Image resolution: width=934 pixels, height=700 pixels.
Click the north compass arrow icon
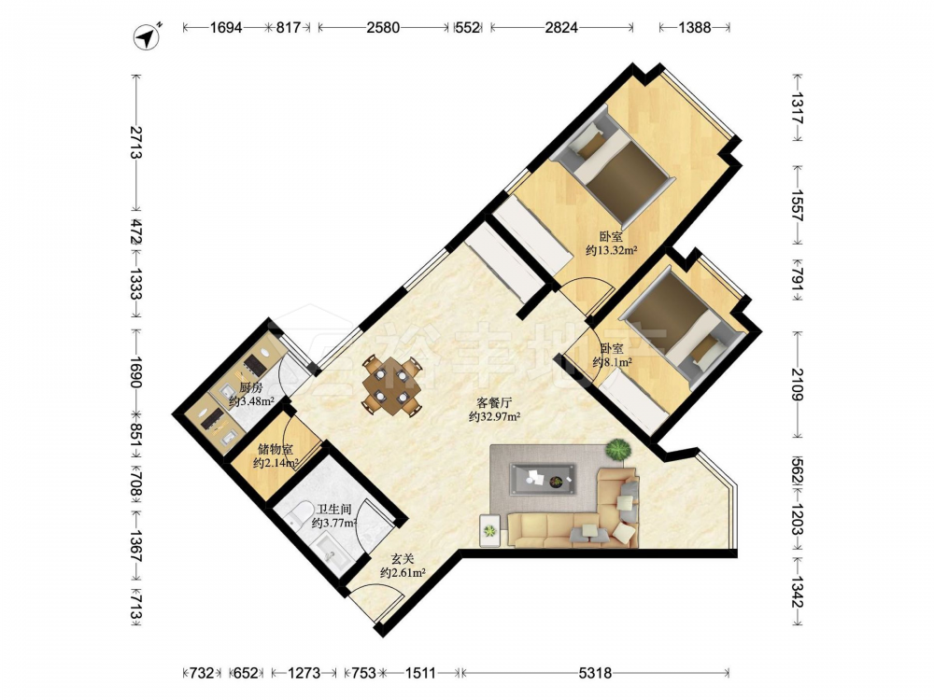[147, 36]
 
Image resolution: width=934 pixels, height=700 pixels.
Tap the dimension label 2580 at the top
[383, 27]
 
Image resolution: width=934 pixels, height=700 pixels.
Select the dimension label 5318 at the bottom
[595, 673]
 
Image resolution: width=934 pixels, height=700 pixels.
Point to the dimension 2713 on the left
[135, 142]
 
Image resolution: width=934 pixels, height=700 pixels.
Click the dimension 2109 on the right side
[797, 384]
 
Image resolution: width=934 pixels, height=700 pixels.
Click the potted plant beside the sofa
[619, 450]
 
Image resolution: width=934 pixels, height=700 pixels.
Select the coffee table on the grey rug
[544, 479]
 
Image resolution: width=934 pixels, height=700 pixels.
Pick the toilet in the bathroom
[298, 513]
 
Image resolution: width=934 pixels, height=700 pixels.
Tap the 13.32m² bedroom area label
[611, 250]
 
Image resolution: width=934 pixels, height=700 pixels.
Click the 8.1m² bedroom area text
[613, 362]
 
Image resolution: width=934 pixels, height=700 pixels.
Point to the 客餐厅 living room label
[494, 403]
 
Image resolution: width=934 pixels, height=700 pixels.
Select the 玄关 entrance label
[402, 559]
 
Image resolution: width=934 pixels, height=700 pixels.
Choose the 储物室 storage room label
[276, 449]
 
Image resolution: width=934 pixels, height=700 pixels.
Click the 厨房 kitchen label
[250, 387]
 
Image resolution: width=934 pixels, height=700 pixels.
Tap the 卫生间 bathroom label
[333, 510]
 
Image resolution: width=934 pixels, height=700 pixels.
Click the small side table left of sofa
[490, 530]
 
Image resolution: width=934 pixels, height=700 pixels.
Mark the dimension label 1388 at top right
[695, 27]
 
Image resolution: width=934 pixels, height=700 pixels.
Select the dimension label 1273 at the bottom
[304, 673]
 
